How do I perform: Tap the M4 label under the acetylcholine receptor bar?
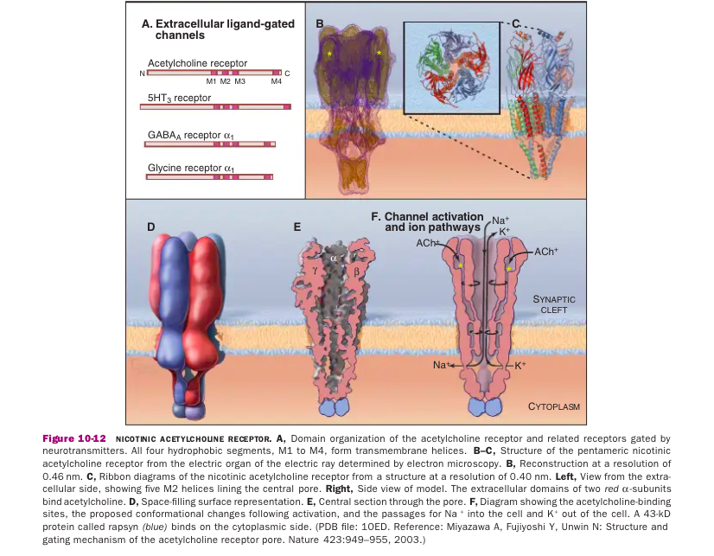point(276,81)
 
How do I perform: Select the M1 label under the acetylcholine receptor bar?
point(212,81)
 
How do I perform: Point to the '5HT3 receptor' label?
point(179,98)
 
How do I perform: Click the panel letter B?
point(319,26)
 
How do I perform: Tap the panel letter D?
point(150,227)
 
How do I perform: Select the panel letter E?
point(297,227)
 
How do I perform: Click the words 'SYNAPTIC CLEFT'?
point(553,304)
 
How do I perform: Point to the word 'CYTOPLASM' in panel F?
point(553,406)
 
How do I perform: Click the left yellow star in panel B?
point(329,54)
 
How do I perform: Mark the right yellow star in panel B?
point(379,53)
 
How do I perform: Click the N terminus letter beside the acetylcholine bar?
point(141,72)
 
